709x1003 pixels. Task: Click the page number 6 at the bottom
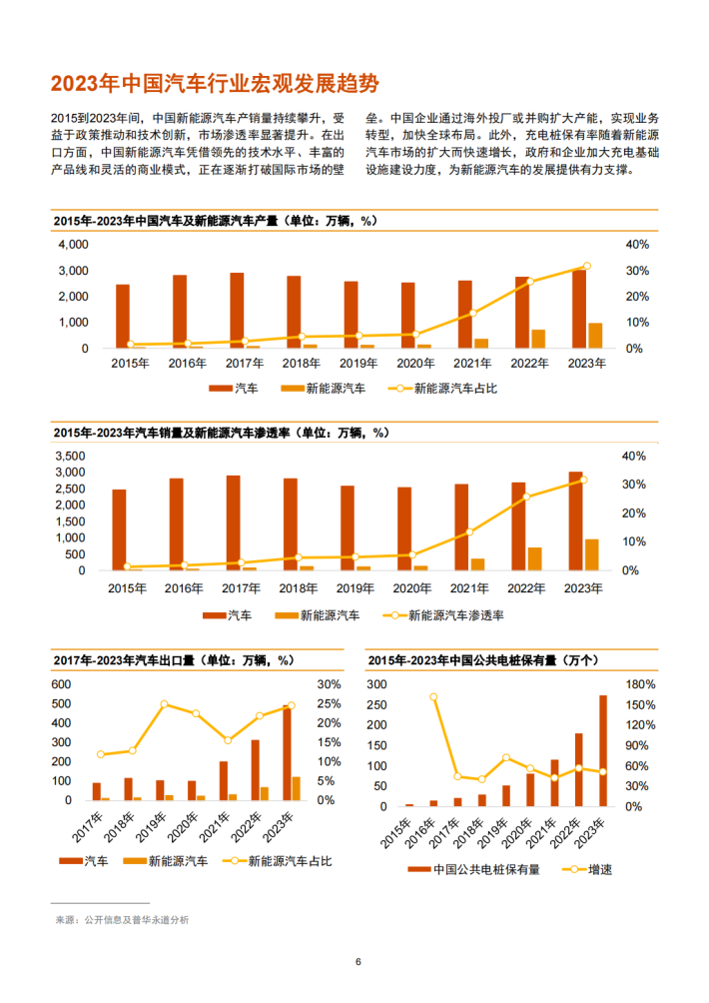pos(357,962)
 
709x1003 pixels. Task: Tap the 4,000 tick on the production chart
pos(73,245)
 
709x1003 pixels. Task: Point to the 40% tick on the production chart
pos(637,245)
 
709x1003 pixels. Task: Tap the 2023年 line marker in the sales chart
pos(584,481)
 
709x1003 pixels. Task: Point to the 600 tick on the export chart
pos(62,684)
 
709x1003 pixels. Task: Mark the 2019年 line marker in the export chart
pos(164,704)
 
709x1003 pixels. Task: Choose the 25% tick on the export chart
pos(329,704)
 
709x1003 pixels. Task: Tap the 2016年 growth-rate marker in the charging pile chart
pos(433,697)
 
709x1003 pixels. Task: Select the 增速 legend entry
pos(588,869)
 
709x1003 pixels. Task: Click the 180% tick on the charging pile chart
pos(640,684)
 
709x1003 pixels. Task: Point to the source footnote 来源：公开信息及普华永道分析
pos(120,919)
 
